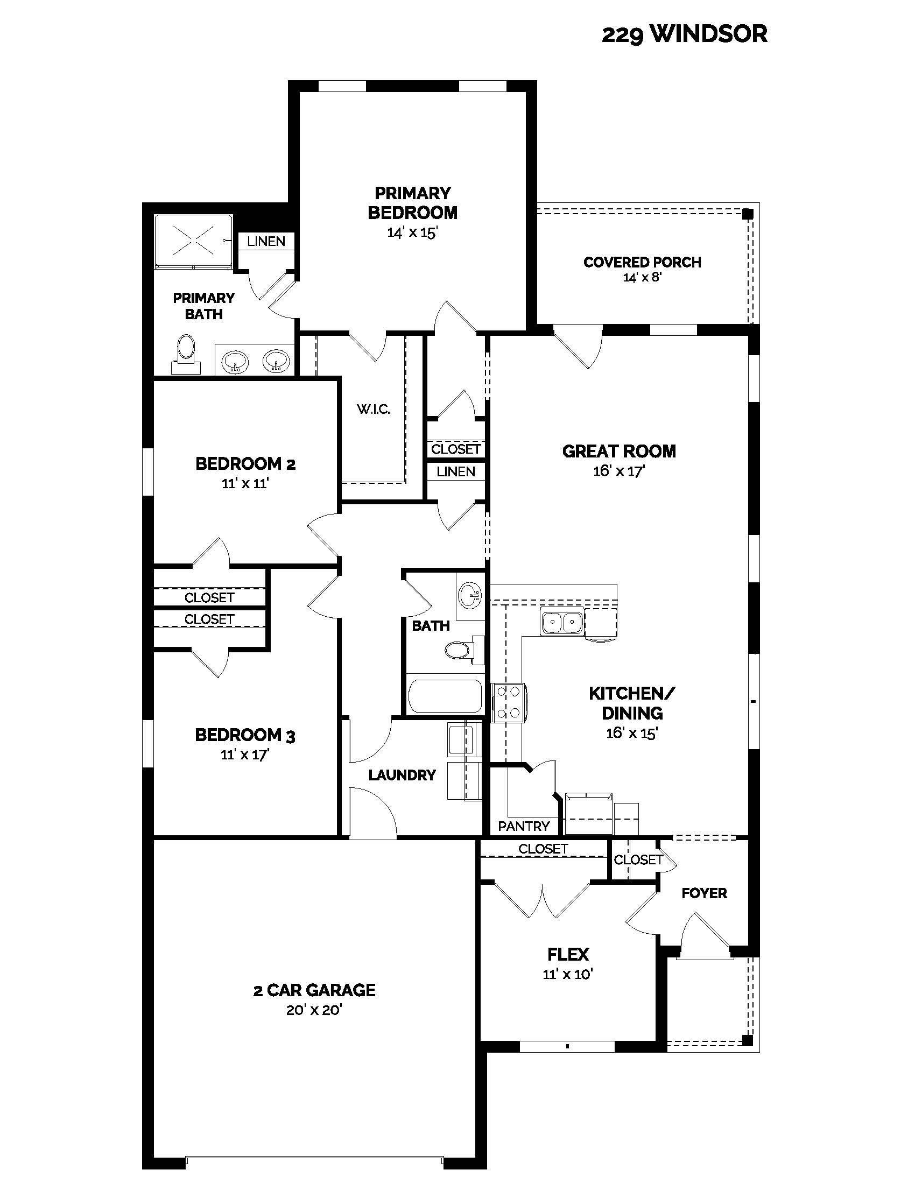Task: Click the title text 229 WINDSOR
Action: (x=684, y=34)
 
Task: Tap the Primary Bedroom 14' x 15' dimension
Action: (x=412, y=232)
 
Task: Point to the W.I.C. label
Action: (x=374, y=410)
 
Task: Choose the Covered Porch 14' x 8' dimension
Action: (x=642, y=278)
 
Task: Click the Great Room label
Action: (x=619, y=451)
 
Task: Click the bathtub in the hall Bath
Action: (x=445, y=696)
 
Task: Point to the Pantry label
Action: (x=524, y=826)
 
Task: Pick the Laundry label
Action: (x=402, y=775)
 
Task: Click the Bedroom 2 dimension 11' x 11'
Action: (x=245, y=483)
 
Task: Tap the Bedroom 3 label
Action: (x=245, y=735)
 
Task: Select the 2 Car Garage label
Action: (x=314, y=990)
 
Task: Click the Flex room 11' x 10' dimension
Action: (x=567, y=974)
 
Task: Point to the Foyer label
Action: (x=704, y=893)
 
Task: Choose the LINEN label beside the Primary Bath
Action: (x=266, y=241)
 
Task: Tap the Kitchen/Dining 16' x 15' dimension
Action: (x=631, y=733)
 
